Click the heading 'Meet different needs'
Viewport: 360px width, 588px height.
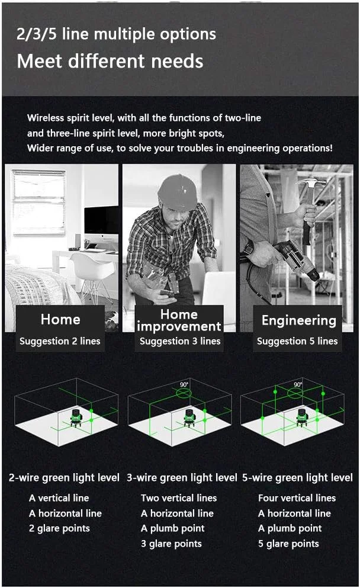click(110, 61)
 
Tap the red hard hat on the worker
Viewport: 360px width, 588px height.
click(178, 192)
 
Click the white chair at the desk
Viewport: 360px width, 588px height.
click(93, 274)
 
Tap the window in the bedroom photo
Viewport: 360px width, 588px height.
click(39, 202)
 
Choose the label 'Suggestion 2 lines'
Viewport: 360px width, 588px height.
click(60, 341)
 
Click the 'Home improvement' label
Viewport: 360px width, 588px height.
click(179, 320)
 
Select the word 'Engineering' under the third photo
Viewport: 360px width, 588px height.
click(299, 321)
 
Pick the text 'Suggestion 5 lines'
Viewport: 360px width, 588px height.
click(297, 341)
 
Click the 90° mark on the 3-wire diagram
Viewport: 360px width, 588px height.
click(184, 385)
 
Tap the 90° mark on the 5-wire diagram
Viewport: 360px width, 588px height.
click(297, 385)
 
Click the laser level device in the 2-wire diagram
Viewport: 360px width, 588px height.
click(76, 417)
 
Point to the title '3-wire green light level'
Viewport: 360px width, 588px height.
click(182, 478)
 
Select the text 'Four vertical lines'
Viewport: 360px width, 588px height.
click(297, 498)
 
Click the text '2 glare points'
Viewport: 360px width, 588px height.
click(60, 529)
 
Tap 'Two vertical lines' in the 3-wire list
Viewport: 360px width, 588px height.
click(179, 498)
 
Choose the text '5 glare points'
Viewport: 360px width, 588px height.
click(289, 544)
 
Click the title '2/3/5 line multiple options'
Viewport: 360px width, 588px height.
click(116, 34)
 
